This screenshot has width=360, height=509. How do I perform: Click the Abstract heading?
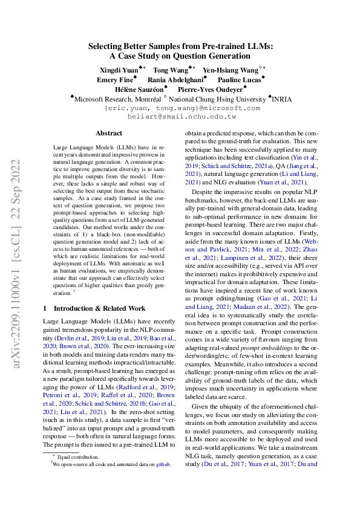coord(109,133)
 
